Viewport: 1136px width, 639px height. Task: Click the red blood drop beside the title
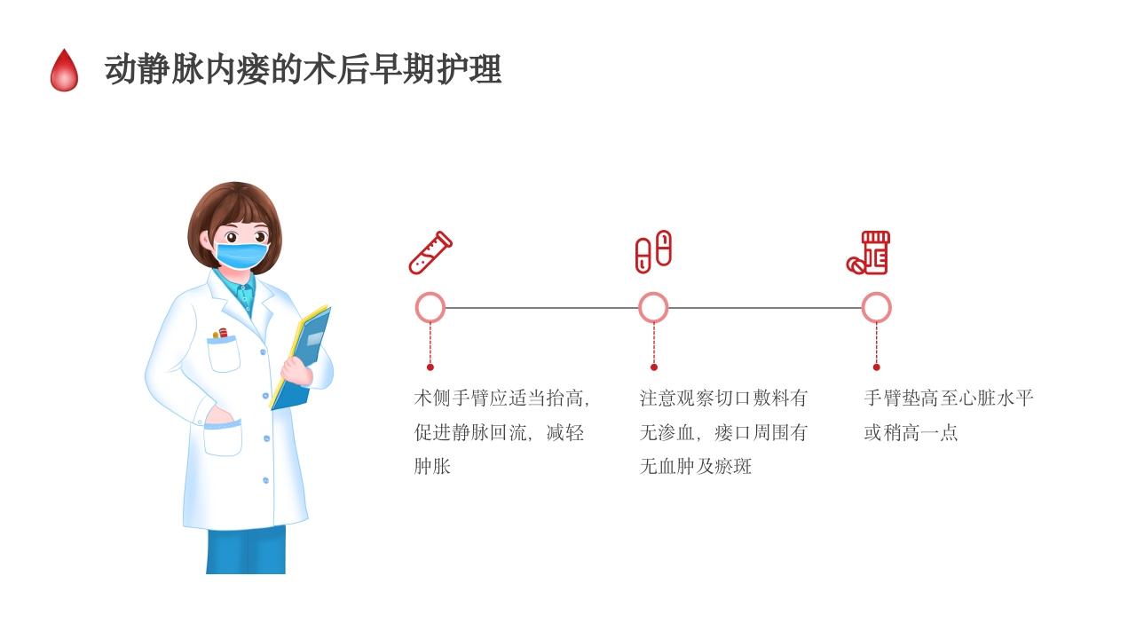(x=64, y=72)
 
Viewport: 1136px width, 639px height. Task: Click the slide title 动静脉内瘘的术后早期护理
(x=303, y=69)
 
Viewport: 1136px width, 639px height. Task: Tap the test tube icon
(x=430, y=252)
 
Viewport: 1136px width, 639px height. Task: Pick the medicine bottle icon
(x=870, y=253)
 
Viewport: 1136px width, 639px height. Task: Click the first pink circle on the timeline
(x=430, y=308)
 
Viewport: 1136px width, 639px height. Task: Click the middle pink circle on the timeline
(x=653, y=308)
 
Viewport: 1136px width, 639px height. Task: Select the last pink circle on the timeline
(x=876, y=308)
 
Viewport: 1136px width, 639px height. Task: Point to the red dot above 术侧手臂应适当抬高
(x=430, y=367)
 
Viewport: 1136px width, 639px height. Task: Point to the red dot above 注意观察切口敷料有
(x=654, y=367)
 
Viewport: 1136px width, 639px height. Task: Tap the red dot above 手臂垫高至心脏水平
(x=877, y=367)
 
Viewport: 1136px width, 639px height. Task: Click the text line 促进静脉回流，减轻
(x=499, y=433)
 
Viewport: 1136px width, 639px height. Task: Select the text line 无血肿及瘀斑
(x=696, y=467)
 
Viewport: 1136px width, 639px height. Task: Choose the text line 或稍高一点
(x=911, y=433)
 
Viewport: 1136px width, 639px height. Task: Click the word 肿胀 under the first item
(x=432, y=467)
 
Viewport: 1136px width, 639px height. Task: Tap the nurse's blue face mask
(x=241, y=256)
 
